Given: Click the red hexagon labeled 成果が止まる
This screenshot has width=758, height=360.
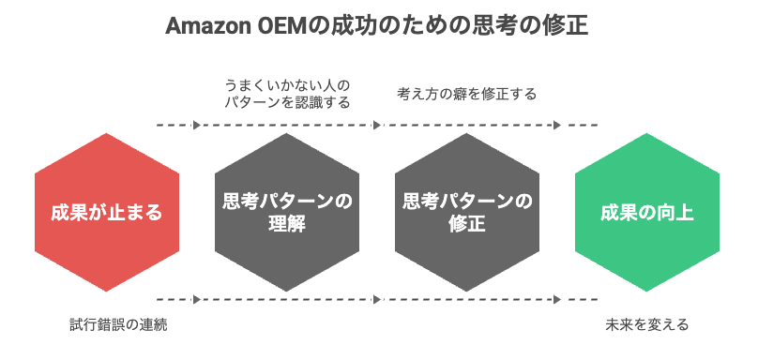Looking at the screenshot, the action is click(107, 212).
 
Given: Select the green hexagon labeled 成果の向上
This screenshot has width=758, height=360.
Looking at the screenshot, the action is click(646, 212).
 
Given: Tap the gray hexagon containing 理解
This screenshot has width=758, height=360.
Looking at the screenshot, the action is click(287, 212).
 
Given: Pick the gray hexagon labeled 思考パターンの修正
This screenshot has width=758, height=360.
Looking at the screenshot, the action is click(467, 212).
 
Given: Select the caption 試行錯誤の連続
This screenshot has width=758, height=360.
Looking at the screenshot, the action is click(119, 324).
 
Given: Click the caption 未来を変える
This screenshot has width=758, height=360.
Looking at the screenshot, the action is click(646, 324).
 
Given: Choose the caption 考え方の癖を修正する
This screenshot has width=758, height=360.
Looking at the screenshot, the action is click(467, 94).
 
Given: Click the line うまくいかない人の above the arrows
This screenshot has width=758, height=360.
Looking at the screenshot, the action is click(287, 86).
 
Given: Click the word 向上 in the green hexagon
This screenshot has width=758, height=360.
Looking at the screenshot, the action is click(676, 213).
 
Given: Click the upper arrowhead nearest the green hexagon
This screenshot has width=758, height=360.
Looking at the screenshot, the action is click(557, 125).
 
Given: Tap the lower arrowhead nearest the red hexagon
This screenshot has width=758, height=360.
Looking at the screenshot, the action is click(197, 300).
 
